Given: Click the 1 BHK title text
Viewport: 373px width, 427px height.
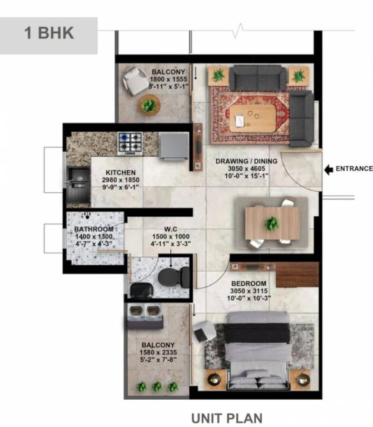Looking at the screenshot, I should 49,32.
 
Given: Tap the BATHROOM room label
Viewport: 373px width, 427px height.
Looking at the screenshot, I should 94,229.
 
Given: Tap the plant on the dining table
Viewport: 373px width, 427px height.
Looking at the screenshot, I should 272,224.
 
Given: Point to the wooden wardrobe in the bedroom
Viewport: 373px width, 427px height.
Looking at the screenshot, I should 297,275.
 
